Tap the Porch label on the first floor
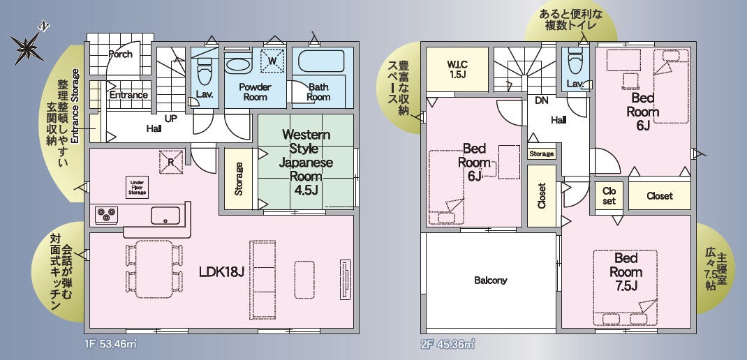[121, 54]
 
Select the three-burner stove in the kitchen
[106, 215]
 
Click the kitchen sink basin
[165, 216]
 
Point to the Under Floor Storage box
[138, 188]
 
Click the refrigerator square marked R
[171, 162]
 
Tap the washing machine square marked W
[272, 61]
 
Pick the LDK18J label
[221, 272]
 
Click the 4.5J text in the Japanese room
[305, 190]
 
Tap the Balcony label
[491, 280]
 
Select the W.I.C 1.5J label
[457, 69]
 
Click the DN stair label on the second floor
[541, 100]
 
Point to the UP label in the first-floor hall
[171, 118]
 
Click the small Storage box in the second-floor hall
[542, 153]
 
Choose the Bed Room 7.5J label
[626, 272]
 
